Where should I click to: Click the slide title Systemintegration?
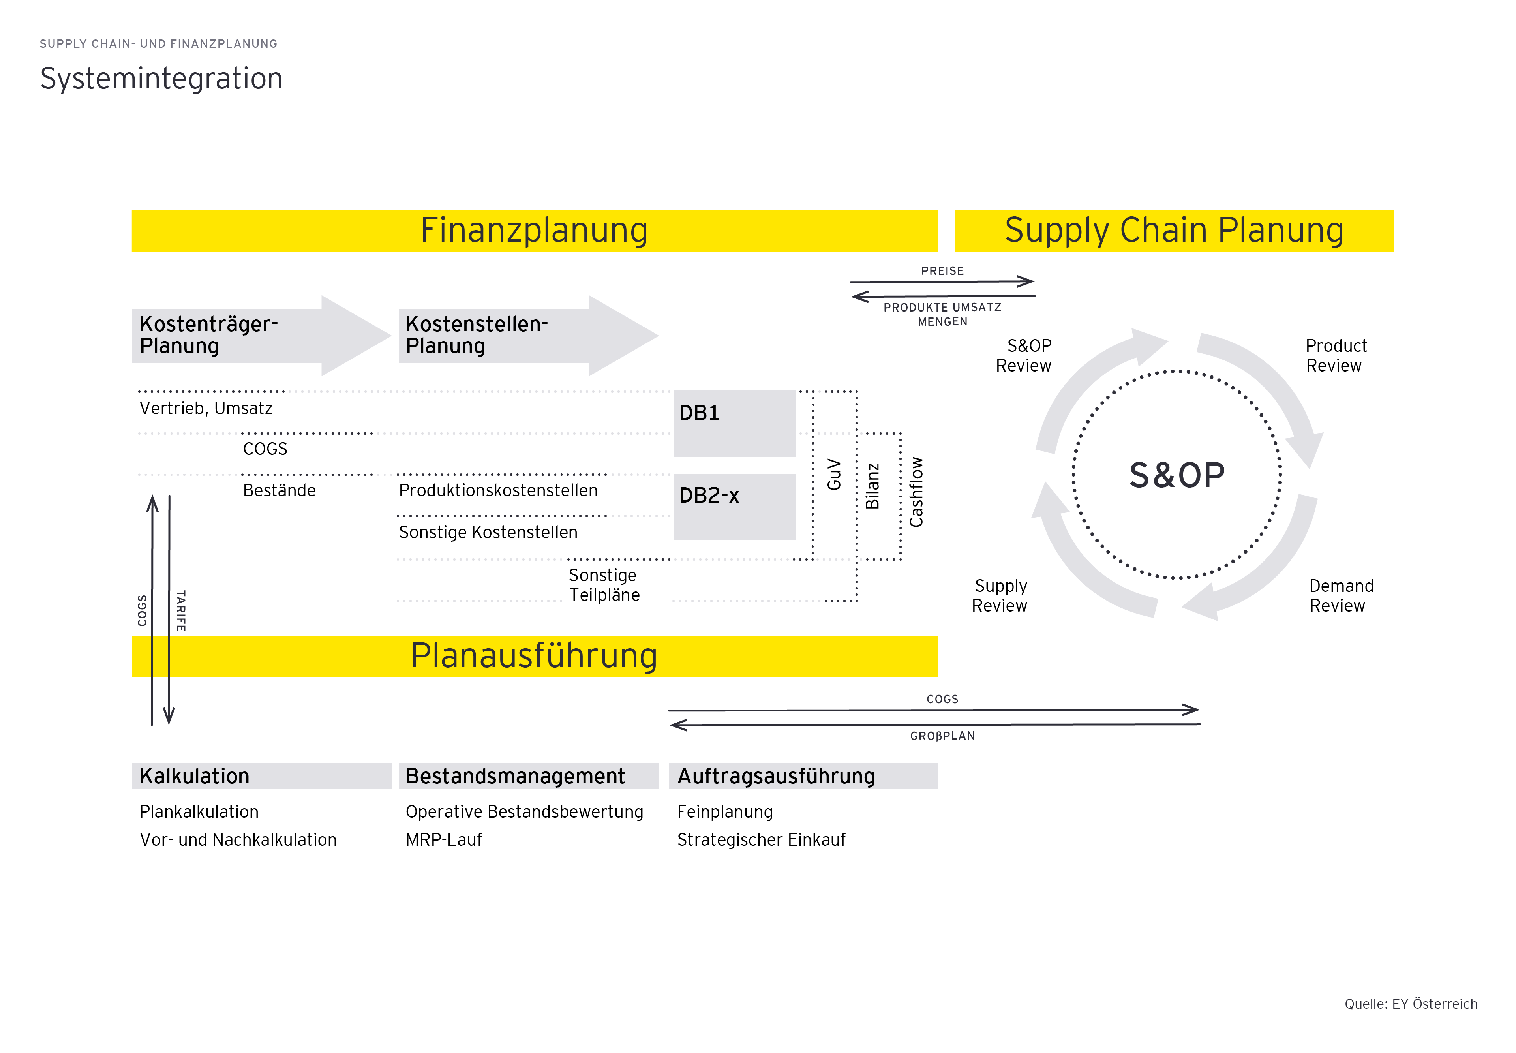coord(161,79)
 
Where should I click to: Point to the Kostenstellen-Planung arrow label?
coord(476,334)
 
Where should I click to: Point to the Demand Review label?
coord(1341,596)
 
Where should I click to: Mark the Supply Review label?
coord(1000,596)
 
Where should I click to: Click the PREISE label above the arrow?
coord(942,271)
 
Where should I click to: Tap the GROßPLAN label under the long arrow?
coord(942,736)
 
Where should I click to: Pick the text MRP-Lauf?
coord(444,840)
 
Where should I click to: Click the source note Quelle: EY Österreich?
coord(1411,1004)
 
